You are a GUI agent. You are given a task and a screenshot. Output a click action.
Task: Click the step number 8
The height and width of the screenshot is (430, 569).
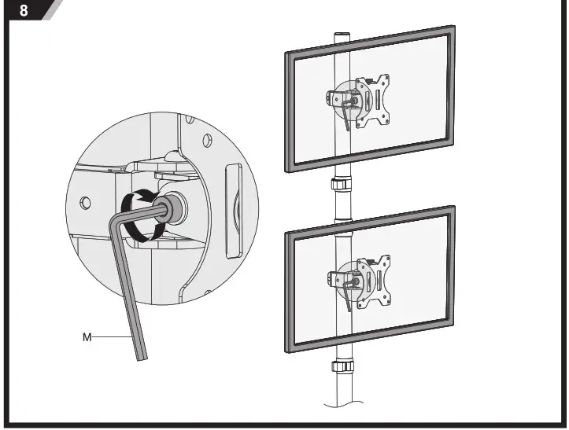coord(24,10)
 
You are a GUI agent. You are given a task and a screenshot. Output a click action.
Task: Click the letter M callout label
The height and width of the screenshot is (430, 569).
coord(87,336)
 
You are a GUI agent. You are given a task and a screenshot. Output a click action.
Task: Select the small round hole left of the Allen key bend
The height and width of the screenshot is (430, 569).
coord(86,203)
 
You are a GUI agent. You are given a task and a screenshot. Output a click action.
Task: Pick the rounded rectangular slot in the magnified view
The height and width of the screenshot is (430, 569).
coord(235,209)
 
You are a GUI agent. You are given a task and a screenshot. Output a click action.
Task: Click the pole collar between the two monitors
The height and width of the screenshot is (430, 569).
coord(342,188)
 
